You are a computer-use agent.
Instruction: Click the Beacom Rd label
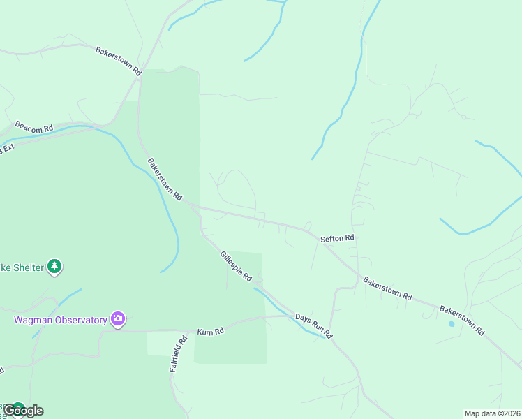[34, 129]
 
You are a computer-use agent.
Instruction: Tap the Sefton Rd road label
[338, 239]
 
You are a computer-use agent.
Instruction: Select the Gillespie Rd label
[236, 266]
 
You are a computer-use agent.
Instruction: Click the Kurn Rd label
[209, 331]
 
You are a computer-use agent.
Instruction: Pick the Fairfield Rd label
[179, 354]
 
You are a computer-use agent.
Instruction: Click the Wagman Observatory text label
[61, 321]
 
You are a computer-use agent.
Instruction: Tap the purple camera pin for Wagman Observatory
[118, 320]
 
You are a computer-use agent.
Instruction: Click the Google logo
[23, 411]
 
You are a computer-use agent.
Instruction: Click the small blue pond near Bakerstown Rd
[452, 323]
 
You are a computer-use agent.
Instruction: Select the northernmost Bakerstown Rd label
[119, 61]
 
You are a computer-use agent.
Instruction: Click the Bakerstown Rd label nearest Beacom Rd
[165, 179]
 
